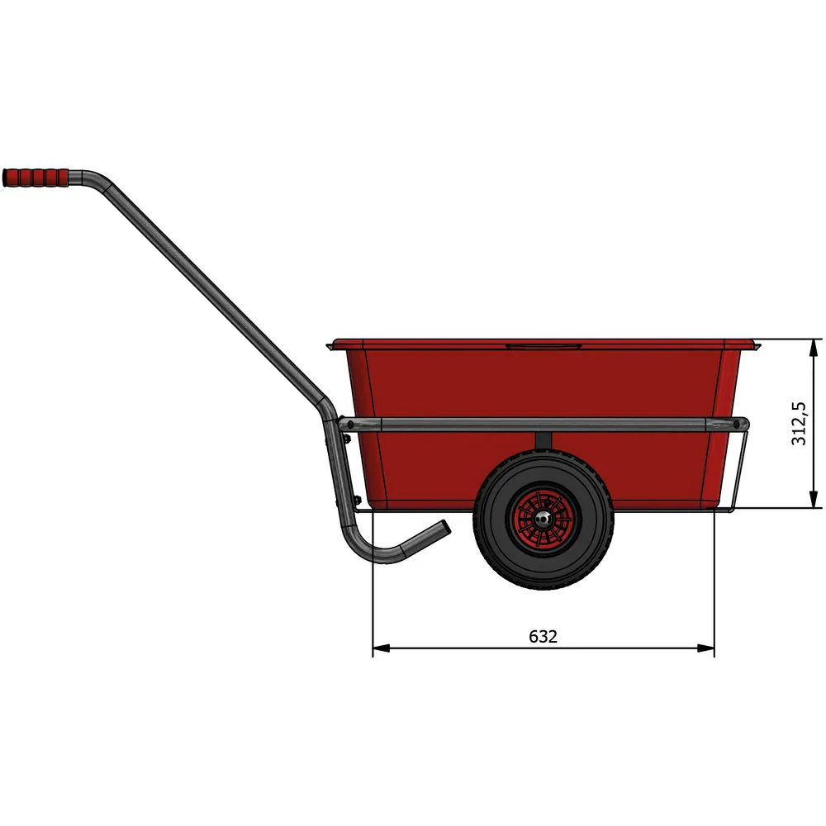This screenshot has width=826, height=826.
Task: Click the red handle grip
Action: tap(36, 178)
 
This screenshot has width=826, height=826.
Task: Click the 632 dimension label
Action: tap(543, 637)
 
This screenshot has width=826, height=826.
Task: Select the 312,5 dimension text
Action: tap(799, 423)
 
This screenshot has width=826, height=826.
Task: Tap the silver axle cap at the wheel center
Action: tap(542, 520)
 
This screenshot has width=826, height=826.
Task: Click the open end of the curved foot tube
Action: tap(444, 529)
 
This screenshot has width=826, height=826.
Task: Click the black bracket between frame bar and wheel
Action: tap(543, 441)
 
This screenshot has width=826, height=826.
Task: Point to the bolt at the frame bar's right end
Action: tap(738, 424)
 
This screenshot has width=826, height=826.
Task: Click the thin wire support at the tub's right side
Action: tap(740, 471)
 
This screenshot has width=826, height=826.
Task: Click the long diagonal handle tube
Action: tap(215, 297)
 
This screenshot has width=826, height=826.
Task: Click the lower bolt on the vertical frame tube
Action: tap(356, 500)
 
